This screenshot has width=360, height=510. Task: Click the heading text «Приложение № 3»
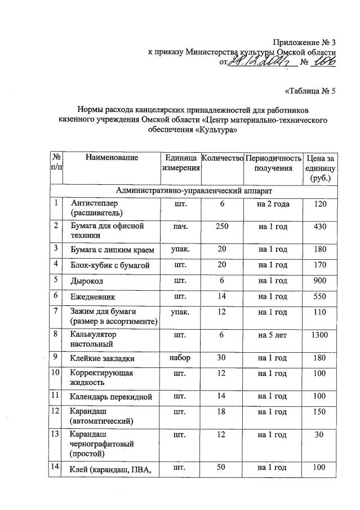tap(304, 42)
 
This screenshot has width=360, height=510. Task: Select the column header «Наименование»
tap(112, 158)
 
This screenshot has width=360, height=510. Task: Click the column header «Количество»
tap(222, 158)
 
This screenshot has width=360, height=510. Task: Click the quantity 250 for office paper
tap(222, 226)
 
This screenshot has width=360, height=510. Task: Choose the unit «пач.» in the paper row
tap(179, 226)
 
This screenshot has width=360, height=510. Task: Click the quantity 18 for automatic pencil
tap(222, 411)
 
